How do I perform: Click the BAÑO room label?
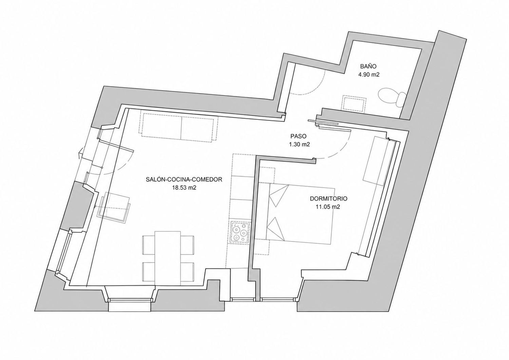click(368, 67)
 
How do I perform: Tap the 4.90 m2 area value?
click(369, 75)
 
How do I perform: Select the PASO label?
click(299, 136)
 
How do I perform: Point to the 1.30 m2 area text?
click(299, 144)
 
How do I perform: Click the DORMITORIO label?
click(328, 198)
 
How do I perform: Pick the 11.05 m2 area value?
click(328, 207)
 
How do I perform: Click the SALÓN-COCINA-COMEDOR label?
click(184, 179)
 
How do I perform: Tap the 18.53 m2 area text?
click(184, 188)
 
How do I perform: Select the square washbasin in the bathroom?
click(355, 103)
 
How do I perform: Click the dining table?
click(168, 258)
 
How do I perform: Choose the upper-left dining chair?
click(149, 245)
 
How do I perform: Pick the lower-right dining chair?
click(187, 272)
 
